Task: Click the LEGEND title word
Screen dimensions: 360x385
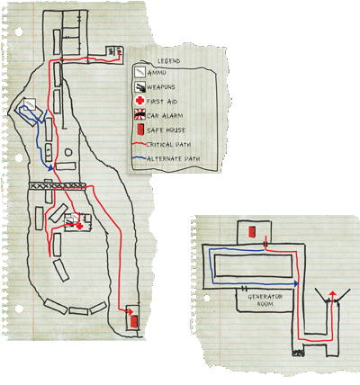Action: [x=169, y=61]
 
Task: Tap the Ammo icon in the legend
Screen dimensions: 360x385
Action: [x=139, y=73]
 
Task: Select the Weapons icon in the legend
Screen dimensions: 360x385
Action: [x=139, y=87]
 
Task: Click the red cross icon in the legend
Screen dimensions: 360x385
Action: [x=139, y=101]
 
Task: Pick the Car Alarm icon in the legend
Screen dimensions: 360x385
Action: [x=139, y=115]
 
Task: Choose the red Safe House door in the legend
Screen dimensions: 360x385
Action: [x=140, y=130]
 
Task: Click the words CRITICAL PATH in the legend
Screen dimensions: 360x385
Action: [x=168, y=145]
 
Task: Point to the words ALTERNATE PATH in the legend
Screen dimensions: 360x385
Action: [x=173, y=158]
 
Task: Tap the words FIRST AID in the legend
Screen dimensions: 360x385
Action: [x=162, y=102]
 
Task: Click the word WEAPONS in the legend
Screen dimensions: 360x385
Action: [x=161, y=87]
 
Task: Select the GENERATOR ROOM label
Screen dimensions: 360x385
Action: [x=265, y=300]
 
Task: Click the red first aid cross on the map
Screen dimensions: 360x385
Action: [x=79, y=226]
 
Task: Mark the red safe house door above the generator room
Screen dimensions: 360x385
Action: [x=252, y=232]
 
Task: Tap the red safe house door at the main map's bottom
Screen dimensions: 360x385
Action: [x=134, y=321]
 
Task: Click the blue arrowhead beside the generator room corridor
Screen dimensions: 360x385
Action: [x=296, y=283]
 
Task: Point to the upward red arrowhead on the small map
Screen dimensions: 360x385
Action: [x=332, y=293]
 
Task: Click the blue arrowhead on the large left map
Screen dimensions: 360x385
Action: [x=50, y=167]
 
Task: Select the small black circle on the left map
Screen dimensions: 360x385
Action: [x=68, y=152]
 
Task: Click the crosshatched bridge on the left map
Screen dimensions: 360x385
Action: [x=57, y=186]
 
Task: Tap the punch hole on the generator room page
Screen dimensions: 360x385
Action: [x=207, y=299]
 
